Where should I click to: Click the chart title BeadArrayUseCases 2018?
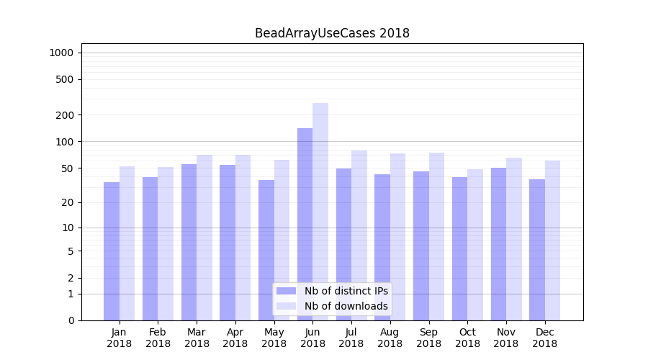[332, 33]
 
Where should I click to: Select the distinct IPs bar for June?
[305, 223]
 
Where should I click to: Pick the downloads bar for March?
[204, 238]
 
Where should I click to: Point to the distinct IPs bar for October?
[459, 248]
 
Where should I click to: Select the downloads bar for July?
[359, 235]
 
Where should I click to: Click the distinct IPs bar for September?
[420, 246]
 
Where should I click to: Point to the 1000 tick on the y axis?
[62, 53]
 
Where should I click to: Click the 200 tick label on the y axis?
[65, 115]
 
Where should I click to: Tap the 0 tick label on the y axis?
[71, 320]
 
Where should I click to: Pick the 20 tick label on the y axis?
[68, 202]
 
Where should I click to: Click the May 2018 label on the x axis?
[274, 338]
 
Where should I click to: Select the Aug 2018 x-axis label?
[390, 338]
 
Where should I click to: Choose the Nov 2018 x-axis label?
[505, 338]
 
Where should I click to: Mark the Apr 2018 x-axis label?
[235, 338]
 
